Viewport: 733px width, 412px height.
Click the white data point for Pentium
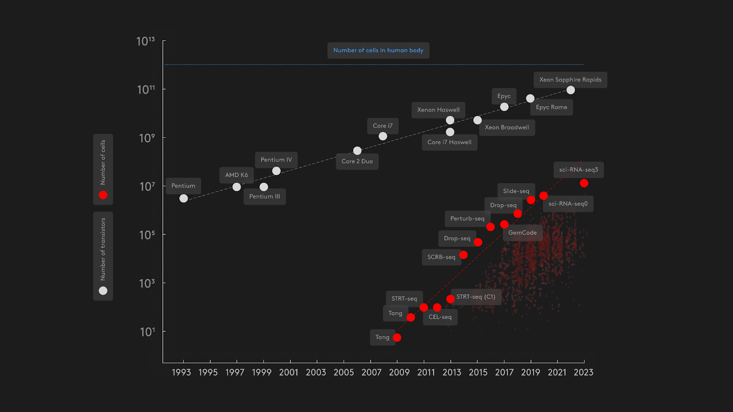tap(184, 198)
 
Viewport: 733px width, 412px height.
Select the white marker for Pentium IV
tap(276, 171)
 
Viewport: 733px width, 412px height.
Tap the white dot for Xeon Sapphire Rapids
tap(570, 90)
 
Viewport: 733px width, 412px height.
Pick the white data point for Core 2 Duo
tap(357, 151)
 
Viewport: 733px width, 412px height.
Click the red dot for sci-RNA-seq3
tap(584, 183)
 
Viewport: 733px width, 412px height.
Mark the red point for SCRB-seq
tap(463, 255)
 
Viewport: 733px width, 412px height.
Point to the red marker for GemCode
tap(504, 224)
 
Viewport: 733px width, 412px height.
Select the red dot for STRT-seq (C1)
tap(450, 299)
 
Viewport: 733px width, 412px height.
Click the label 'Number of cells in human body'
tap(378, 50)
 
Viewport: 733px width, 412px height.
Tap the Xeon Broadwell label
tap(507, 127)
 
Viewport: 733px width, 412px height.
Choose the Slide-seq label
tap(516, 191)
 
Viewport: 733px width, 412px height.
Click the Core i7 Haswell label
tap(449, 142)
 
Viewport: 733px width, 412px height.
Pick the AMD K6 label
tap(236, 175)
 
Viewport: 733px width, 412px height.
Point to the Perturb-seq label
tap(467, 218)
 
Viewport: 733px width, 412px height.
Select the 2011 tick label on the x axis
tap(426, 372)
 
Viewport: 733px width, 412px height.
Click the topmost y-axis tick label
tap(146, 41)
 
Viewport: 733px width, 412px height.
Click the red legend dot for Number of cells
tap(103, 195)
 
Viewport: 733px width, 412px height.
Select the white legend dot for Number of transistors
tap(103, 291)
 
